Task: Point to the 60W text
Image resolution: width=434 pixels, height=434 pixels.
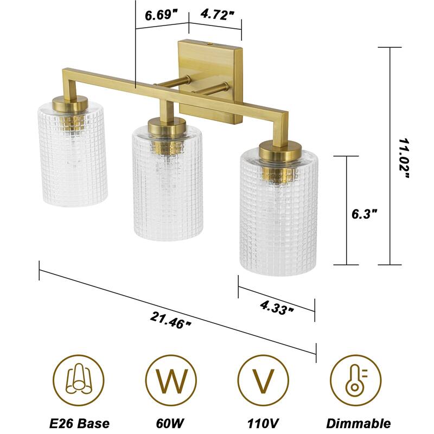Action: [x=170, y=423]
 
